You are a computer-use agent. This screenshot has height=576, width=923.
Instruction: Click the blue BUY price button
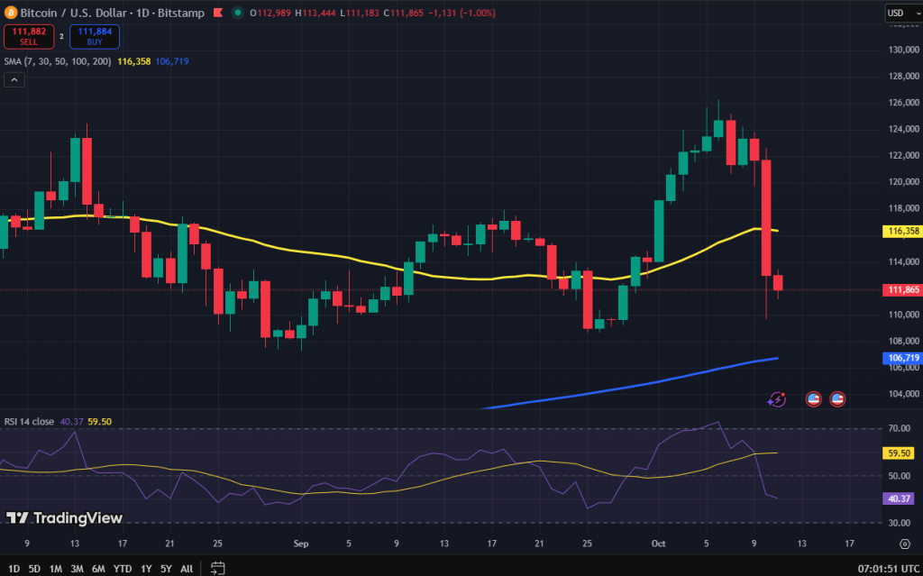click(x=94, y=37)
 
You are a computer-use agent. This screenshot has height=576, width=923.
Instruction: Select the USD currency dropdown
click(x=899, y=13)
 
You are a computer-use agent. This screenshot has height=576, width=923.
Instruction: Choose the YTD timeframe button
click(x=123, y=569)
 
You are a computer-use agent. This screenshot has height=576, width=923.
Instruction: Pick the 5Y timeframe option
click(x=166, y=569)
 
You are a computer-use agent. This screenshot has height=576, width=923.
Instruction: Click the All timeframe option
click(x=187, y=569)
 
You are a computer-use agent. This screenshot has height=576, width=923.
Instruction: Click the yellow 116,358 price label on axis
click(x=901, y=231)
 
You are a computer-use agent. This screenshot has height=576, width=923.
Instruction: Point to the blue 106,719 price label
click(x=901, y=358)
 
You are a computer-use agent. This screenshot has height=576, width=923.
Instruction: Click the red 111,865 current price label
click(x=901, y=289)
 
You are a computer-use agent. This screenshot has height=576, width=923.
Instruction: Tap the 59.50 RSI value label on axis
click(x=900, y=453)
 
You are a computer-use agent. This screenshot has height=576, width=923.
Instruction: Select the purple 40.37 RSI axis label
click(x=900, y=498)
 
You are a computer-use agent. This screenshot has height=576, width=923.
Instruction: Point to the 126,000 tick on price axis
click(x=901, y=102)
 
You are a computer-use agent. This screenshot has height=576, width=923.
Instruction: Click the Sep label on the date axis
click(x=301, y=544)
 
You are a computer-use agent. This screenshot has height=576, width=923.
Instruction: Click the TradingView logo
click(x=64, y=518)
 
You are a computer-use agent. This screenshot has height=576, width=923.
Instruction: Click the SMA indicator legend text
click(x=56, y=61)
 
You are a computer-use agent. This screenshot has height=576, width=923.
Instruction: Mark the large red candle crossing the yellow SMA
click(x=766, y=217)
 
